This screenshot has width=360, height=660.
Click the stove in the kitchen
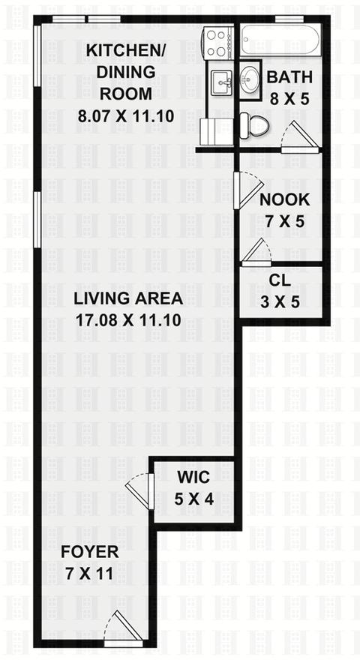coord(217,43)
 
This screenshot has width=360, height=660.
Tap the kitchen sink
coord(221,83)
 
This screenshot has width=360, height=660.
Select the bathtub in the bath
coord(281,39)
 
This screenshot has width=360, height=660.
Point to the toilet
coord(254,124)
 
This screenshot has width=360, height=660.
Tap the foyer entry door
coord(119,628)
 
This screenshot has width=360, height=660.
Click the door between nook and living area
coord(247,190)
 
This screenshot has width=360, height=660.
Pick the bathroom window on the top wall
coord(289,19)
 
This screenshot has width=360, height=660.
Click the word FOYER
coord(90,552)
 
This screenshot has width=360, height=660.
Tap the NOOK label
coord(285,200)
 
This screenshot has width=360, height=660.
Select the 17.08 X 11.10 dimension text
coord(128,320)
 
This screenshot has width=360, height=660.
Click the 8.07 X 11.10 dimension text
coord(126,115)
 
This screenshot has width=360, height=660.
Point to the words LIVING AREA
coord(128,298)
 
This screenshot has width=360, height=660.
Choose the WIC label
coord(193,478)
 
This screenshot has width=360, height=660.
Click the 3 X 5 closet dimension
coord(280,301)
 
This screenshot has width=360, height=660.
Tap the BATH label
coord(290,77)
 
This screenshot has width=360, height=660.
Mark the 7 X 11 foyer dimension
coord(89,574)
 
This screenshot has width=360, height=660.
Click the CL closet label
coord(280,280)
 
